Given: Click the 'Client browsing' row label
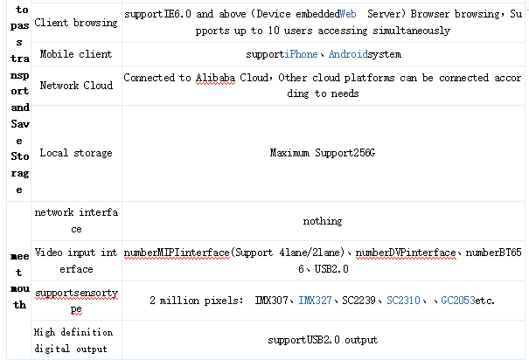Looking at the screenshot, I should tap(75, 22).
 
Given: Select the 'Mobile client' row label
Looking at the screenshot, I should tap(75, 54).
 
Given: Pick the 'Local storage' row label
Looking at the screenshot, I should tap(75, 154).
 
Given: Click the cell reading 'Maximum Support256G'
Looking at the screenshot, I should tap(322, 154).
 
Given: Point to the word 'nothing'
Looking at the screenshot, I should tap(322, 221).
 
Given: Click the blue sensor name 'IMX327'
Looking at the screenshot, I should tap(315, 301).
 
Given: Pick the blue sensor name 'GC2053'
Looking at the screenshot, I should tap(458, 301).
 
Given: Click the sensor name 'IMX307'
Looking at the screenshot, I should tap(273, 301).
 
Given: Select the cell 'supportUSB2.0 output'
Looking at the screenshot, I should tap(322, 340).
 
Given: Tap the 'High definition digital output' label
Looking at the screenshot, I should tap(75, 340).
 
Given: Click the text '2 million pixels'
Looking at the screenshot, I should tap(193, 301).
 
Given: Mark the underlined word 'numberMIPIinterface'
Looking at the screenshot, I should tap(176, 253).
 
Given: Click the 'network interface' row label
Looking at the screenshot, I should tap(75, 221).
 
